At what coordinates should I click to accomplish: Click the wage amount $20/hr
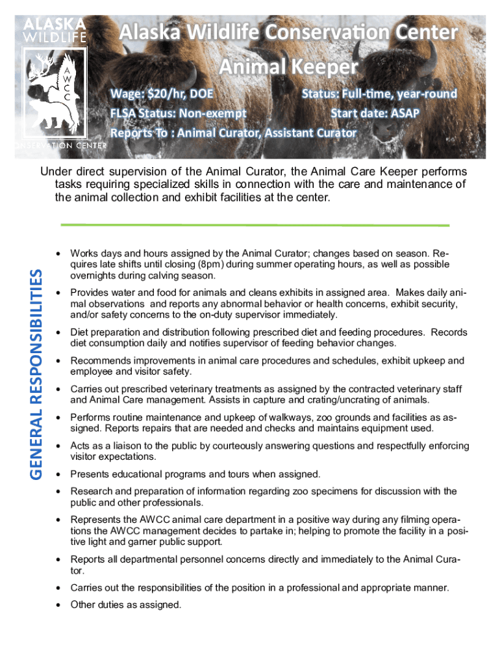[166, 94]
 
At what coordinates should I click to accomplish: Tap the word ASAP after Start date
[405, 114]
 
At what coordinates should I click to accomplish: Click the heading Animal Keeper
[288, 67]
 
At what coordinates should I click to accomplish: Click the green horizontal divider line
[254, 225]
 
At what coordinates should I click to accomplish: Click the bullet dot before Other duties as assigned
[58, 605]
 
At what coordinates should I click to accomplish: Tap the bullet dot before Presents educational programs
[58, 474]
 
